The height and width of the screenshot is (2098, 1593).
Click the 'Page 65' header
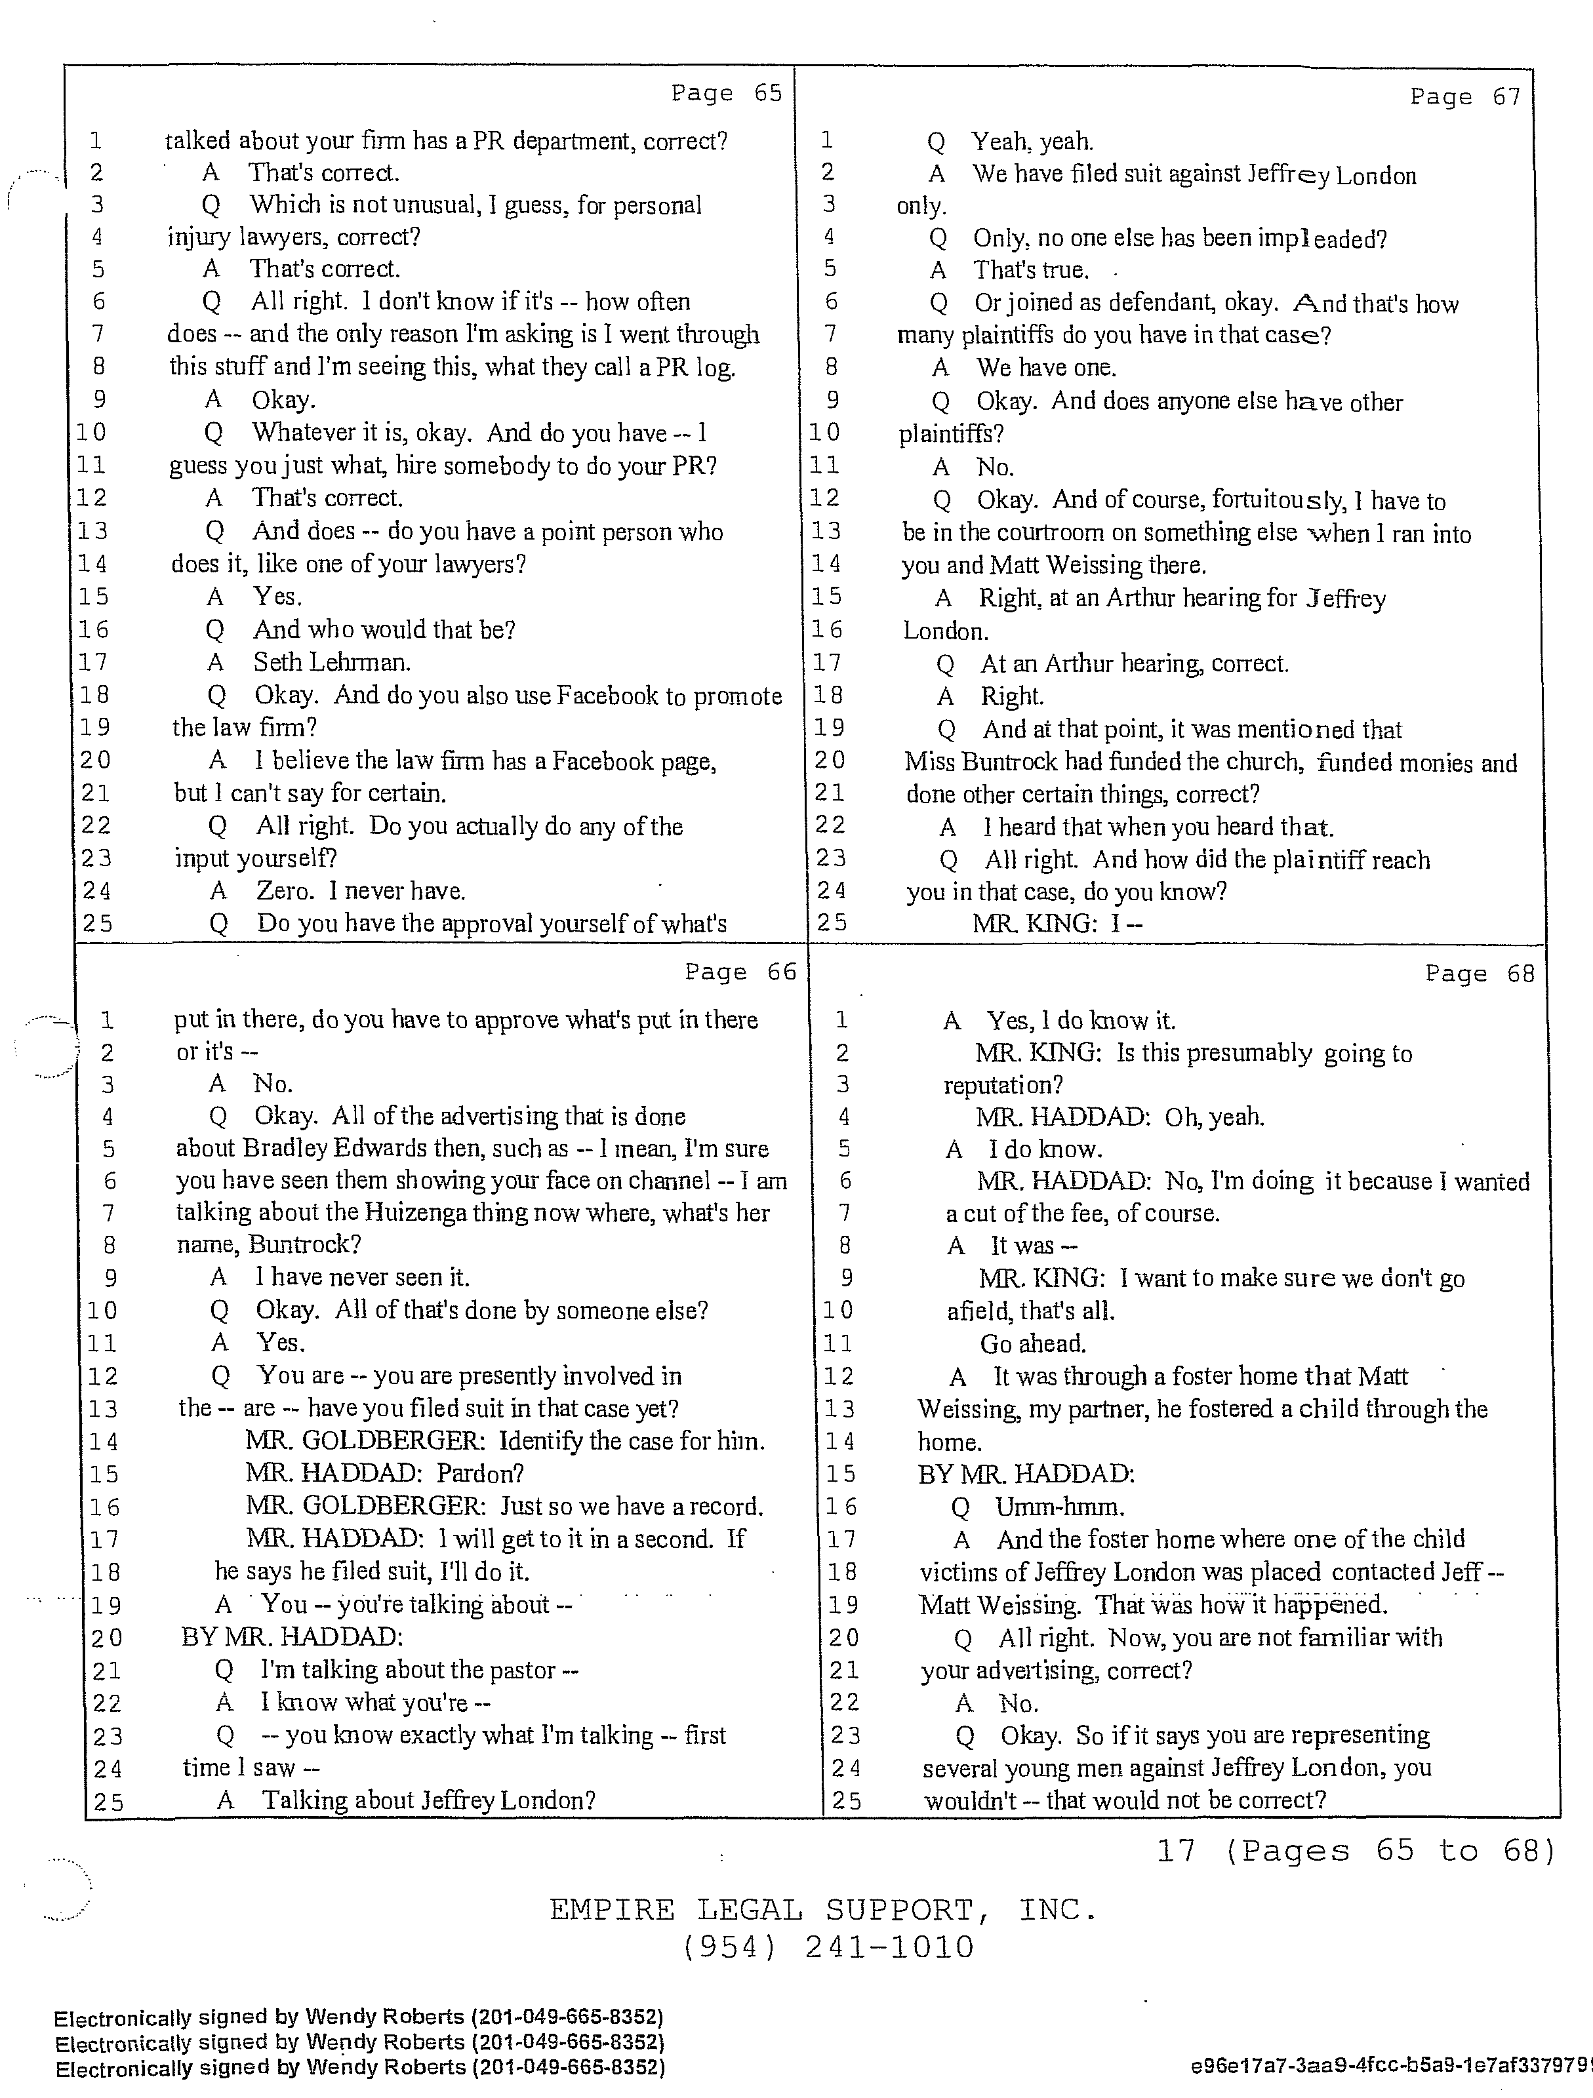point(726,93)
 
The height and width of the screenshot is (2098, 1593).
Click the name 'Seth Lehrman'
point(331,662)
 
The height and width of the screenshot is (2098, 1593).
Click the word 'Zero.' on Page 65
point(285,890)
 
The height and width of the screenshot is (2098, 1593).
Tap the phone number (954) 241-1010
point(826,1947)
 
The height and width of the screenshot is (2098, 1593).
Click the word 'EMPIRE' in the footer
point(612,1909)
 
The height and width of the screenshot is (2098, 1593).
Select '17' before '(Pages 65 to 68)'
point(1177,1850)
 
